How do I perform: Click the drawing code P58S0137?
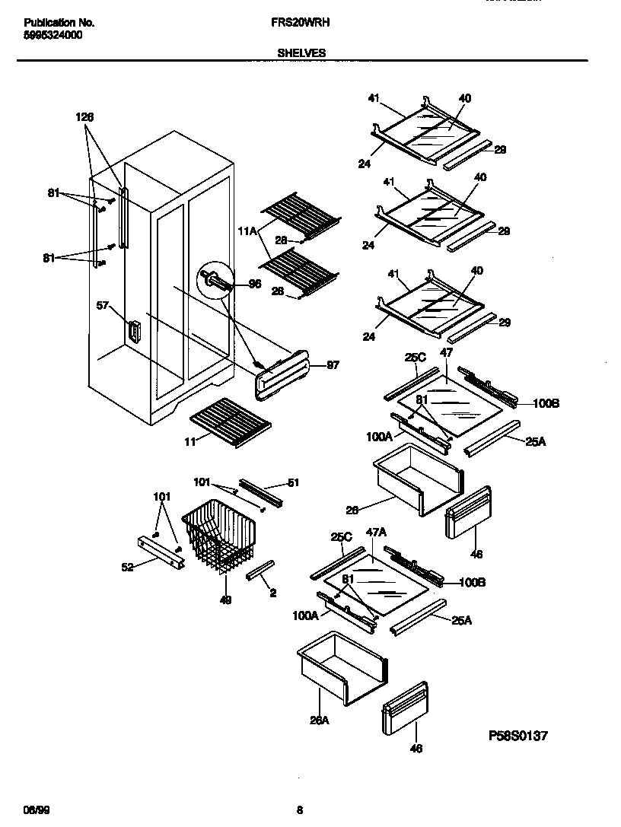(517, 736)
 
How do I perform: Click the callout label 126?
(85, 117)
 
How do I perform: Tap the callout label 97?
(333, 365)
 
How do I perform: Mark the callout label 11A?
(247, 229)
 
